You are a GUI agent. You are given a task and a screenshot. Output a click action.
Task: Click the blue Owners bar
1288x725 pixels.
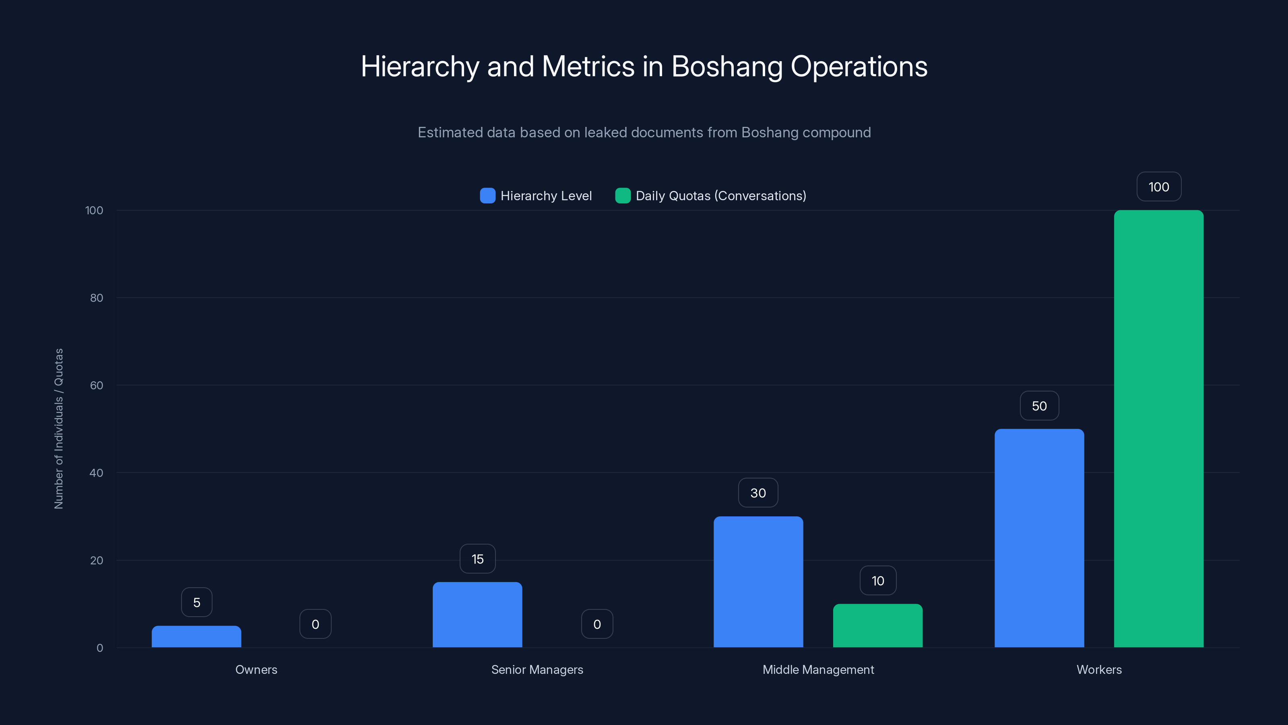[196, 636]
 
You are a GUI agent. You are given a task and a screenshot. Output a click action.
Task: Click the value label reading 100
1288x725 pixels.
[1158, 187]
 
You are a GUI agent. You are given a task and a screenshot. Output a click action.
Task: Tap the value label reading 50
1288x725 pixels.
[1039, 406]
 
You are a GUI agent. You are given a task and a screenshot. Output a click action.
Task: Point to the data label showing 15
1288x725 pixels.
[477, 559]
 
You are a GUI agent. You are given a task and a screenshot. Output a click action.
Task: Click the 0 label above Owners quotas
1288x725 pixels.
[315, 624]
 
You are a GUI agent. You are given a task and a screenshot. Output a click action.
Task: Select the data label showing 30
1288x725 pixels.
[758, 493]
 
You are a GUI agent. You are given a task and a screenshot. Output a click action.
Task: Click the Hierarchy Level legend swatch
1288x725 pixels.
[487, 196]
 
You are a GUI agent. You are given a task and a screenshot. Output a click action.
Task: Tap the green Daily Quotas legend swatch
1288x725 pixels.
[623, 196]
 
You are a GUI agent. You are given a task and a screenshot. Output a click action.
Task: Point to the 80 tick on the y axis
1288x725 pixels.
[97, 298]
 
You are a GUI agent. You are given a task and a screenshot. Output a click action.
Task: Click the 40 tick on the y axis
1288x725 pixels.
[96, 473]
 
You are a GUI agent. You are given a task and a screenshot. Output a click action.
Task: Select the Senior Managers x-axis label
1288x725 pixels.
[537, 669]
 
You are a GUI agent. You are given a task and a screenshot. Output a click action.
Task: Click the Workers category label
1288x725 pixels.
[1099, 669]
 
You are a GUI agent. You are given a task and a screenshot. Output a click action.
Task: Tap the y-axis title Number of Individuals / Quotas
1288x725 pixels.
[58, 429]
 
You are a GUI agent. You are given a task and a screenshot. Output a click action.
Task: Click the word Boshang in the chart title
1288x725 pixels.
[727, 66]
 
